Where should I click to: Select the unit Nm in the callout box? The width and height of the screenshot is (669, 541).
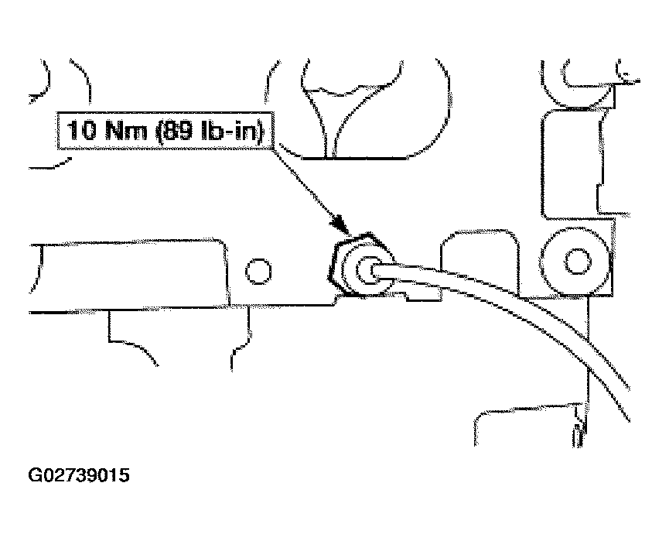click(126, 130)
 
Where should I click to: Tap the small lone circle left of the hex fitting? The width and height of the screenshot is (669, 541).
click(258, 271)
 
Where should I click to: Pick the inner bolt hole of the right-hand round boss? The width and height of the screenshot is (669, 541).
click(577, 262)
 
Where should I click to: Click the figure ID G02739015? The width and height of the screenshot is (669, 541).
click(79, 474)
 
